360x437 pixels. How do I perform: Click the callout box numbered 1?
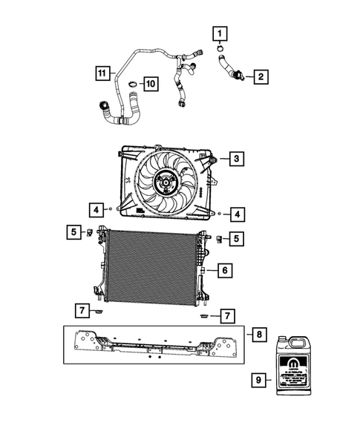(220, 33)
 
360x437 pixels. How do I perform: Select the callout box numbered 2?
(261, 76)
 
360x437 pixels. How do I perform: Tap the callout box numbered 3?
(235, 158)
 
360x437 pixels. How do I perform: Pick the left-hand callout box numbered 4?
(97, 208)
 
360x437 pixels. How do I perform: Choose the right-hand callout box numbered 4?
(235, 214)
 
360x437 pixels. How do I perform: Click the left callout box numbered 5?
(74, 233)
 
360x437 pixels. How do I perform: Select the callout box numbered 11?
(103, 73)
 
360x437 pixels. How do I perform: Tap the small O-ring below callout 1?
(220, 50)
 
